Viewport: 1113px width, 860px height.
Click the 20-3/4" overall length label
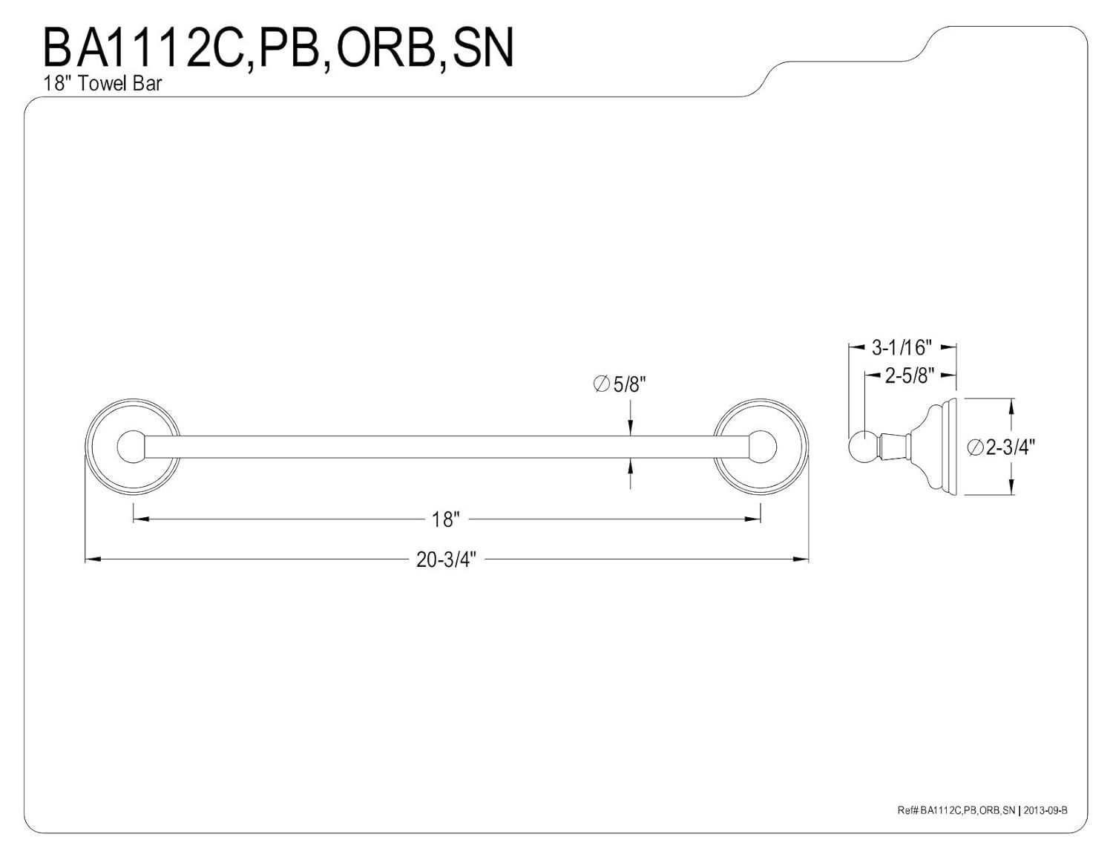[x=445, y=559]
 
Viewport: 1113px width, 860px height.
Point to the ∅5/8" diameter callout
[x=620, y=384]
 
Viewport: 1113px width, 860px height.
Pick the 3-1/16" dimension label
[x=902, y=347]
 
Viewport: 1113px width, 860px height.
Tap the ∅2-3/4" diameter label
[x=1001, y=447]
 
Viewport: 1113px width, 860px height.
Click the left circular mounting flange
[x=133, y=447]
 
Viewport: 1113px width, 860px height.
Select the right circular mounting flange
[x=761, y=447]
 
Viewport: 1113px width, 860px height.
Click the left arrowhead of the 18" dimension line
[x=139, y=519]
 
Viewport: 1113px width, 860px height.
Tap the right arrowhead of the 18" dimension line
[x=755, y=519]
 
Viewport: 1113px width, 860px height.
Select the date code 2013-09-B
[x=1045, y=810]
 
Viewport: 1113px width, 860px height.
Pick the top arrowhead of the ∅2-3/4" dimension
[x=1011, y=405]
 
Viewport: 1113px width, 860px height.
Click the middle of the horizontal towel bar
[x=445, y=447]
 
